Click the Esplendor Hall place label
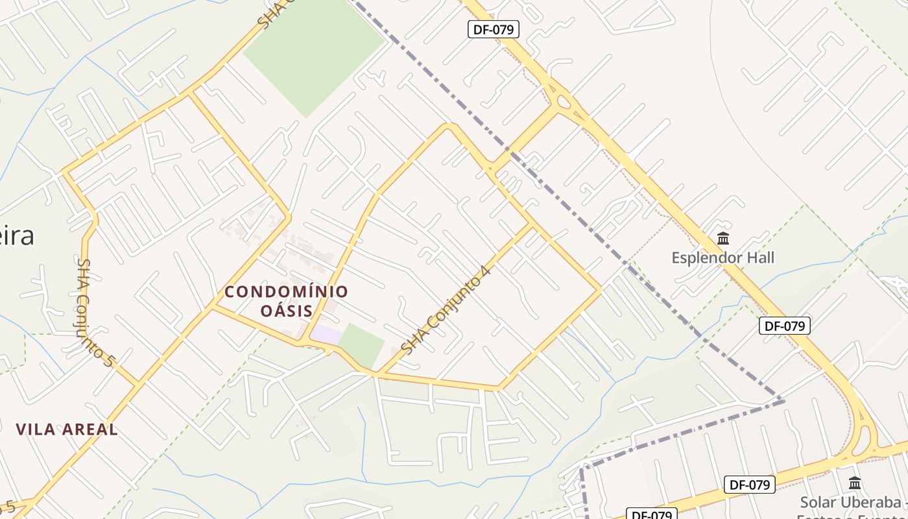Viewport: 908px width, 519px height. tap(723, 258)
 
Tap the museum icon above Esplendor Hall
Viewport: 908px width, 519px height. tap(723, 239)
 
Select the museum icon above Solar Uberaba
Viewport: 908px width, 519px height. tap(855, 483)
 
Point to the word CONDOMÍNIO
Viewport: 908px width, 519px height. tap(286, 292)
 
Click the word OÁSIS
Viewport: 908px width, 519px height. tap(286, 311)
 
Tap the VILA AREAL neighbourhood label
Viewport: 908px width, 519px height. tap(67, 429)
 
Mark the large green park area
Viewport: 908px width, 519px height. tap(315, 55)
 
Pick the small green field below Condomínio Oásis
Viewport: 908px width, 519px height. tap(361, 344)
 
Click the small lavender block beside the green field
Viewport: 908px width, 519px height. tap(326, 335)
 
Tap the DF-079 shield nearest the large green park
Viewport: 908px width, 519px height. tap(493, 29)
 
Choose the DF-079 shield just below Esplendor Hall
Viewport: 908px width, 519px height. tap(784, 326)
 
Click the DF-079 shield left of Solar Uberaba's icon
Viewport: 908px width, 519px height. tap(749, 484)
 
